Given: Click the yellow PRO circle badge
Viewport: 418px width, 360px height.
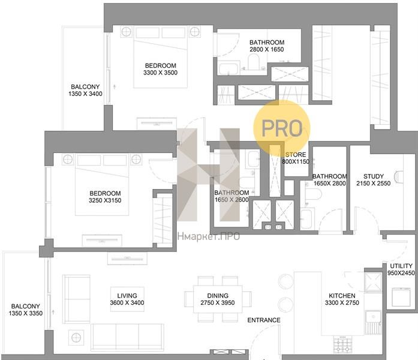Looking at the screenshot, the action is pos(282,128).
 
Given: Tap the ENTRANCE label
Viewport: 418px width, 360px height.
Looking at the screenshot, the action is pos(264,320).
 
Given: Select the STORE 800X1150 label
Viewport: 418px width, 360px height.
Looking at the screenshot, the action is pos(296,158).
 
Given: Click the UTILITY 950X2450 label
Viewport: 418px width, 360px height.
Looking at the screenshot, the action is pos(401,269).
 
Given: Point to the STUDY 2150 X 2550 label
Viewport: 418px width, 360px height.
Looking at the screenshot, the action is pos(373,180).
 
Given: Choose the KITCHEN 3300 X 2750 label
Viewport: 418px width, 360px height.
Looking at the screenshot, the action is pos(342,299).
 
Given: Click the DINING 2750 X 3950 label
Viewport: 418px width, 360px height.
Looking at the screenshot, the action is pos(218,299).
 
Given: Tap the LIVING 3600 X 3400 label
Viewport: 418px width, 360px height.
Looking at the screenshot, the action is pos(127,299).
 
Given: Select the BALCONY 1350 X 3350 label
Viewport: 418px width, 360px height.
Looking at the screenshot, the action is pos(26,310).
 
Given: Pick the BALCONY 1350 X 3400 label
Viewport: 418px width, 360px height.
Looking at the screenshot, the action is pos(85,90).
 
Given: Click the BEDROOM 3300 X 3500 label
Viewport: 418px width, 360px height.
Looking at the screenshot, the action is pos(161,69).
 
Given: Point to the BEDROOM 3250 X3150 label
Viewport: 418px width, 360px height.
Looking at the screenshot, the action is pos(105,197).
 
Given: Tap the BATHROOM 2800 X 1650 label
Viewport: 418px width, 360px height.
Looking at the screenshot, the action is pos(267,46).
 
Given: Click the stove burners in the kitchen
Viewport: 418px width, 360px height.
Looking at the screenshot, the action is pos(343,344).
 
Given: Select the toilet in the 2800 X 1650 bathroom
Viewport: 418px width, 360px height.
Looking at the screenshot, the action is pos(254,62).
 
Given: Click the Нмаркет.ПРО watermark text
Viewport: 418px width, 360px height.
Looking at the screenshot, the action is pos(209,236).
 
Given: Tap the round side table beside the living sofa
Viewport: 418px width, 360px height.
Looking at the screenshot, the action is pos(76,338).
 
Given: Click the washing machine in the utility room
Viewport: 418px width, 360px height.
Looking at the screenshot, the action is pos(401,297).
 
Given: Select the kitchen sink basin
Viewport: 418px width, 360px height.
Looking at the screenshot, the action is pos(373,317).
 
